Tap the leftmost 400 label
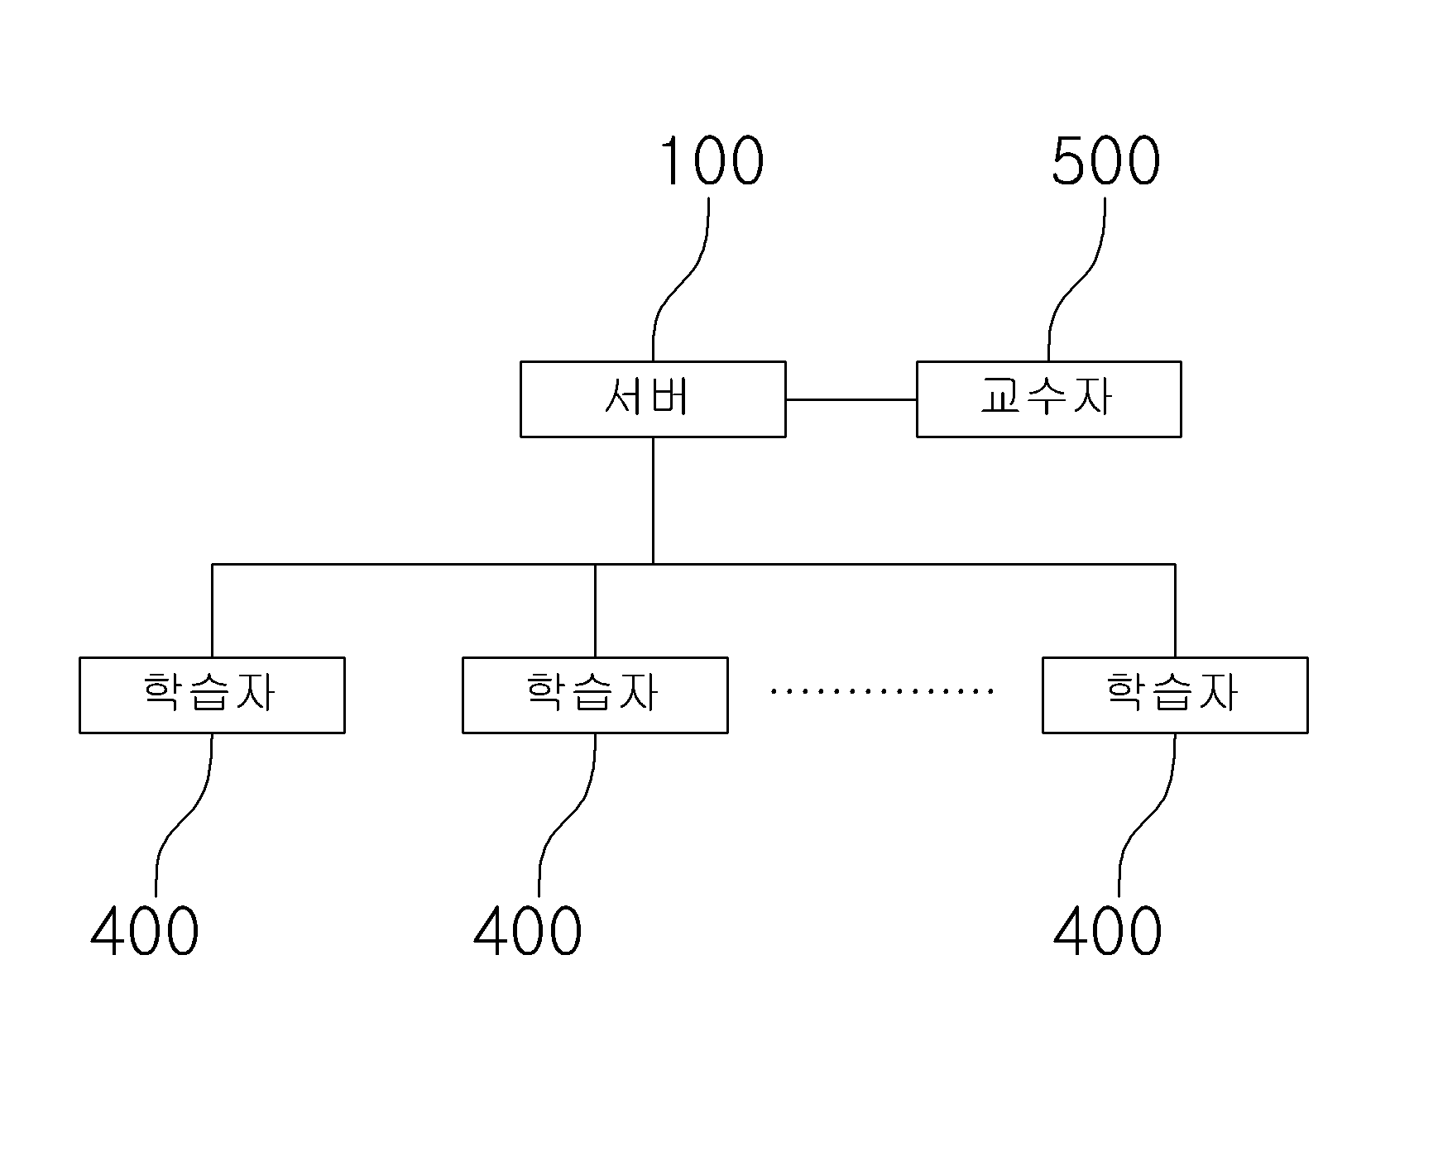145,930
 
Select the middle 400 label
528,930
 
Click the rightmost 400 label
1108,930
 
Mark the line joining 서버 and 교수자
851,399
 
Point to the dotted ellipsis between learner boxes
882,690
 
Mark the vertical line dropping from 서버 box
653,500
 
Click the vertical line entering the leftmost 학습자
213,610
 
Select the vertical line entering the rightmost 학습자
1175,610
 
